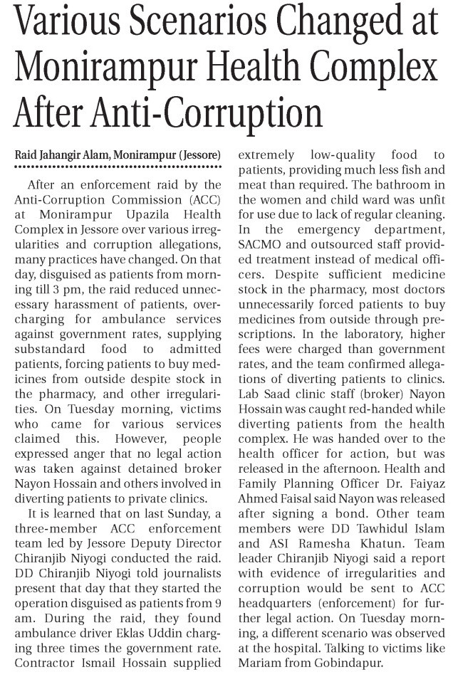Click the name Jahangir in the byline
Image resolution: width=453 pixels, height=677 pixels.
[70, 154]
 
